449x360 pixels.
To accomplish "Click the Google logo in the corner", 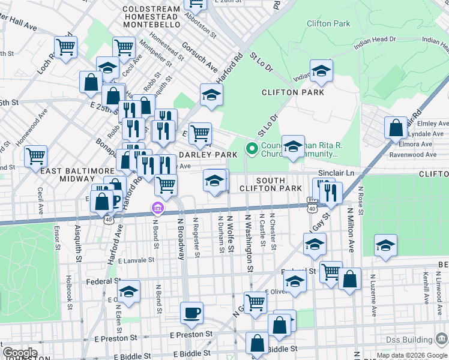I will point(20,353).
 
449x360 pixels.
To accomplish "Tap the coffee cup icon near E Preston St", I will point(191,313).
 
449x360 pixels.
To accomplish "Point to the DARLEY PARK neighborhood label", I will point(208,154).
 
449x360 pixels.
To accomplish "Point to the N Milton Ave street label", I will point(351,239).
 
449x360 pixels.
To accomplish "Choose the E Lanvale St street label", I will point(136,261).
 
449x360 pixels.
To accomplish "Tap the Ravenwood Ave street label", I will point(415,154).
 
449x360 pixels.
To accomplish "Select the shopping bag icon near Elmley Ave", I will point(396,127).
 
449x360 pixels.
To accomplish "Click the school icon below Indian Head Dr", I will point(321,71).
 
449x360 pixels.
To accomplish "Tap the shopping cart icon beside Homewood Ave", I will point(36,157).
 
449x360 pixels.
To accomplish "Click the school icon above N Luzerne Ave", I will point(385,245).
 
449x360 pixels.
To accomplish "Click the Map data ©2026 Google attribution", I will point(412,355).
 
